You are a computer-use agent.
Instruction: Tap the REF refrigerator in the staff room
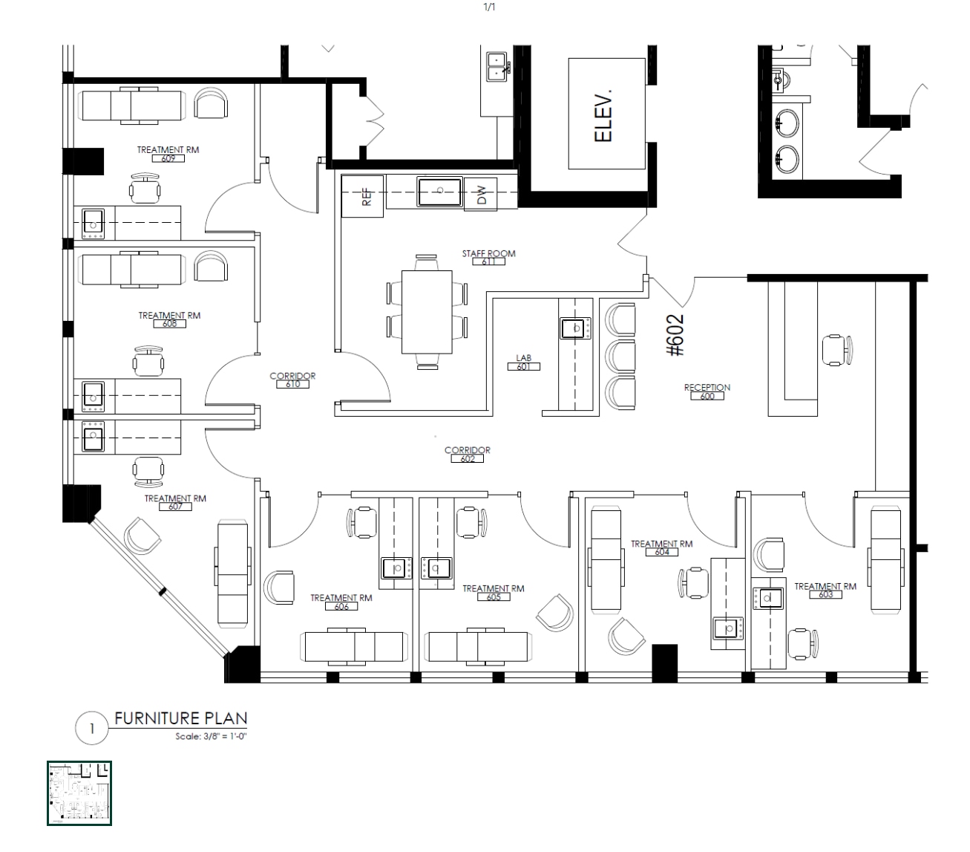363,196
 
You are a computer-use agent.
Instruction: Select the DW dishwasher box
481,195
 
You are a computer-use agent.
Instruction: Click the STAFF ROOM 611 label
488,257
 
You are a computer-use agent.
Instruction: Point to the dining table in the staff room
427,312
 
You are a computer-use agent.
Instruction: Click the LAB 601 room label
523,362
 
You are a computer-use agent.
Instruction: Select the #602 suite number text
676,336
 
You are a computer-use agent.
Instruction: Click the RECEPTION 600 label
707,391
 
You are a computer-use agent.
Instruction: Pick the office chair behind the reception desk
837,349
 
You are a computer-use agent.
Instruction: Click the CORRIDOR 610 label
292,380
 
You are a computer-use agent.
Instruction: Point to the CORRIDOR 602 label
467,454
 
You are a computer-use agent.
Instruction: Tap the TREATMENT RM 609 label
168,154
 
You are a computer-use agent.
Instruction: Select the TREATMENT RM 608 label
169,319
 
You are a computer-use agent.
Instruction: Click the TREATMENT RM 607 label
175,502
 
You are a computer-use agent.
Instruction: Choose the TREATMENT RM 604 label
661,547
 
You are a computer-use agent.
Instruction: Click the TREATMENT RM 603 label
825,590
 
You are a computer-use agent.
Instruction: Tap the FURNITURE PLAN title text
180,718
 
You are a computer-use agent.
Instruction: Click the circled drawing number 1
92,729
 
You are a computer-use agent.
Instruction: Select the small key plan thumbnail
79,793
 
